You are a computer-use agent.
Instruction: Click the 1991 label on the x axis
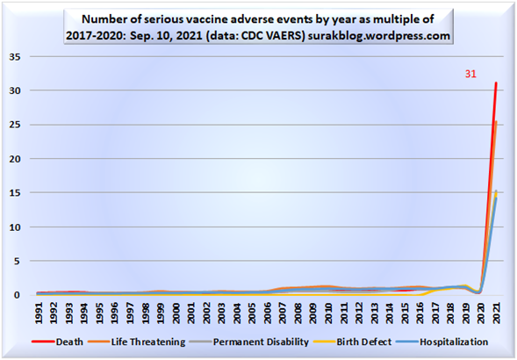tap(39, 312)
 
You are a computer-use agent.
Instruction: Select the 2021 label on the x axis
tap(497, 312)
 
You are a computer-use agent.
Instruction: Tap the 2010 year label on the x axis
tap(329, 312)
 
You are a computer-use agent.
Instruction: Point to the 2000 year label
tap(176, 312)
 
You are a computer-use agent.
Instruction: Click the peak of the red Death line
tap(496, 83)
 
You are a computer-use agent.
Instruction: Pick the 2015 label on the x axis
tap(406, 312)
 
